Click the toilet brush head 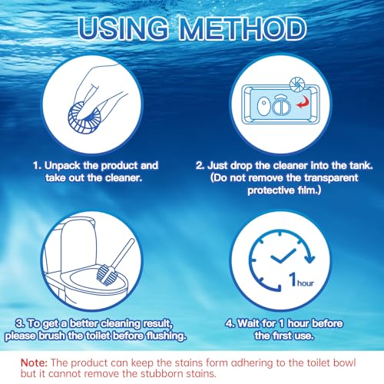pyautogui.click(x=107, y=275)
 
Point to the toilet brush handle pyautogui.click(x=124, y=253)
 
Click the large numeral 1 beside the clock pyautogui.click(x=293, y=279)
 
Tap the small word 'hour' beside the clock pyautogui.click(x=306, y=283)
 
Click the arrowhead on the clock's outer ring pyautogui.click(x=310, y=258)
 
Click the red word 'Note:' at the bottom pyautogui.click(x=34, y=362)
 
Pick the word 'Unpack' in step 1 pyautogui.click(x=62, y=166)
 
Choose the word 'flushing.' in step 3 pyautogui.click(x=166, y=336)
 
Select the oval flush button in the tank pyautogui.click(x=263, y=106)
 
